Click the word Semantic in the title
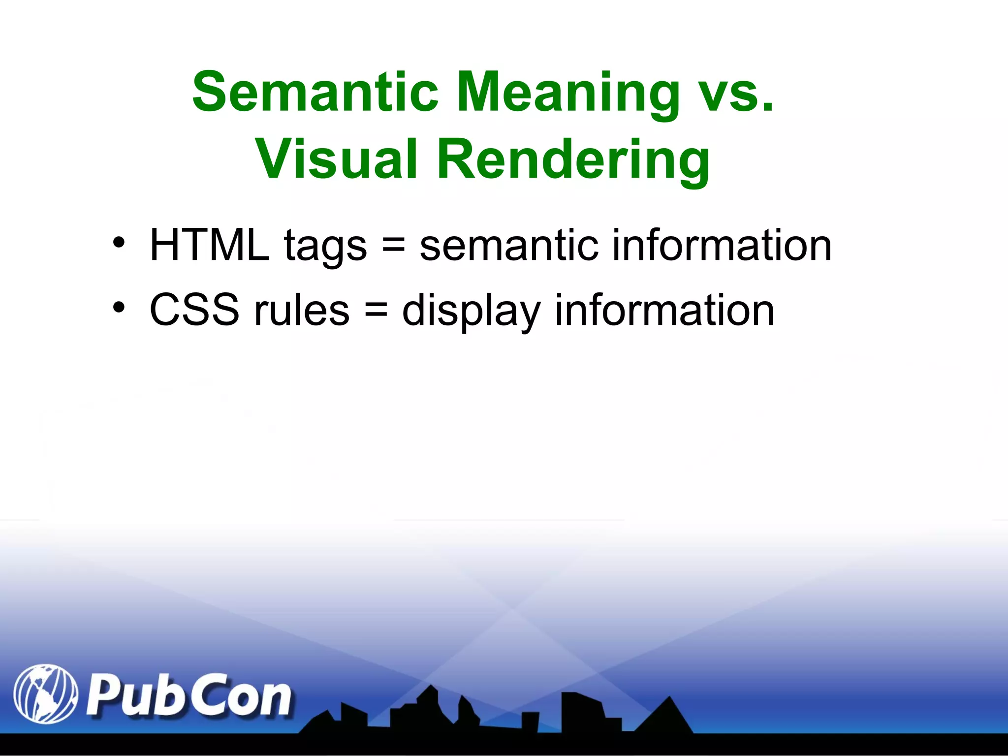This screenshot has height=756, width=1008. click(x=315, y=92)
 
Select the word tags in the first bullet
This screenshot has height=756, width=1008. click(x=325, y=246)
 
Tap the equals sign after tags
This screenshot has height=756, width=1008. click(x=393, y=245)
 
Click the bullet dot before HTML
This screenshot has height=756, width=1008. click(x=119, y=243)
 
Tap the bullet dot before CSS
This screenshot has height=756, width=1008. click(x=119, y=308)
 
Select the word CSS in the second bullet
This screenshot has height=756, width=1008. click(x=194, y=310)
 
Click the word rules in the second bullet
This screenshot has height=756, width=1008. click(x=301, y=310)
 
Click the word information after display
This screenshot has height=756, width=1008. click(x=664, y=310)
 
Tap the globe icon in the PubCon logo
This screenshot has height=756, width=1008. click(x=45, y=694)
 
